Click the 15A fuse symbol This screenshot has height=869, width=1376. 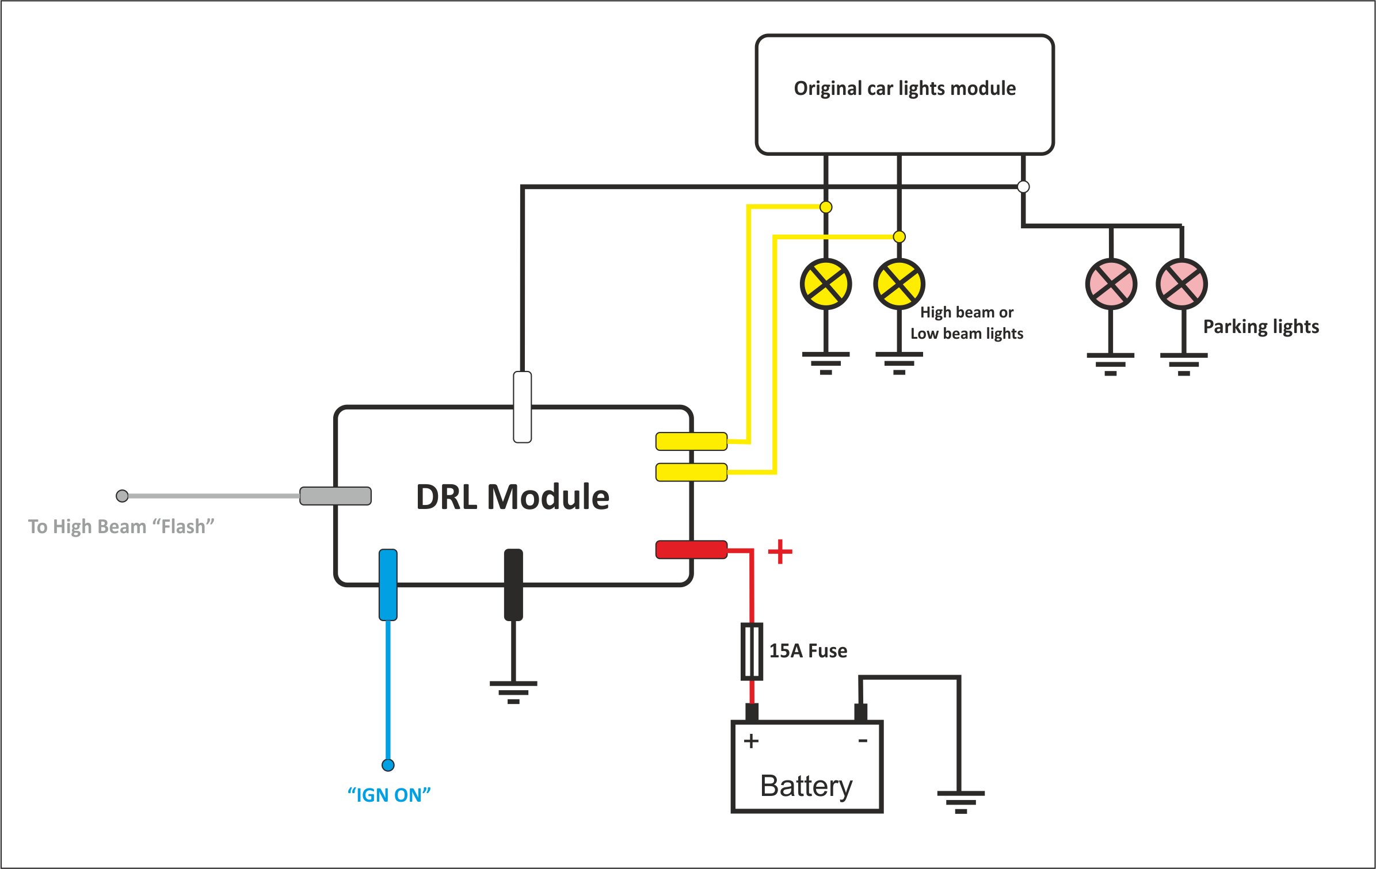(752, 651)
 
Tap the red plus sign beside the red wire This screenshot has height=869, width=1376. (780, 552)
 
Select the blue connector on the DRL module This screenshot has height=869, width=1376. (388, 585)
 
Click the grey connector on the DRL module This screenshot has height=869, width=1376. (336, 496)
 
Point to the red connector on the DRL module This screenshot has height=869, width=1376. (691, 549)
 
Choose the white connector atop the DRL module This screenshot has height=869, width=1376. (522, 407)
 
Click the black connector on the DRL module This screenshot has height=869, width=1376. (513, 585)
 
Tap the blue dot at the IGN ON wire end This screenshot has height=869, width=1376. (388, 765)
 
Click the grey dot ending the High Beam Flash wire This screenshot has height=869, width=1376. (122, 496)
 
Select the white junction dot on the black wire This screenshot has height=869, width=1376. (1023, 186)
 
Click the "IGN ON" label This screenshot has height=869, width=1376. (389, 795)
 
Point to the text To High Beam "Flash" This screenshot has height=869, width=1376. (121, 526)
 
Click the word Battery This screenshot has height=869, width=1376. (806, 786)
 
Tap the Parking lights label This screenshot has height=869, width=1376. (1261, 327)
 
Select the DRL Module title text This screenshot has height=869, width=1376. (512, 497)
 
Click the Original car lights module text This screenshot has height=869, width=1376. (905, 89)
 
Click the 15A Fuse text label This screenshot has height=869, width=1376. (808, 651)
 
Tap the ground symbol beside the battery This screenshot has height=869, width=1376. (960, 801)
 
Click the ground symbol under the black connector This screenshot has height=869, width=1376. (513, 692)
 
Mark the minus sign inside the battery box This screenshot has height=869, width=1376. (863, 741)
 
